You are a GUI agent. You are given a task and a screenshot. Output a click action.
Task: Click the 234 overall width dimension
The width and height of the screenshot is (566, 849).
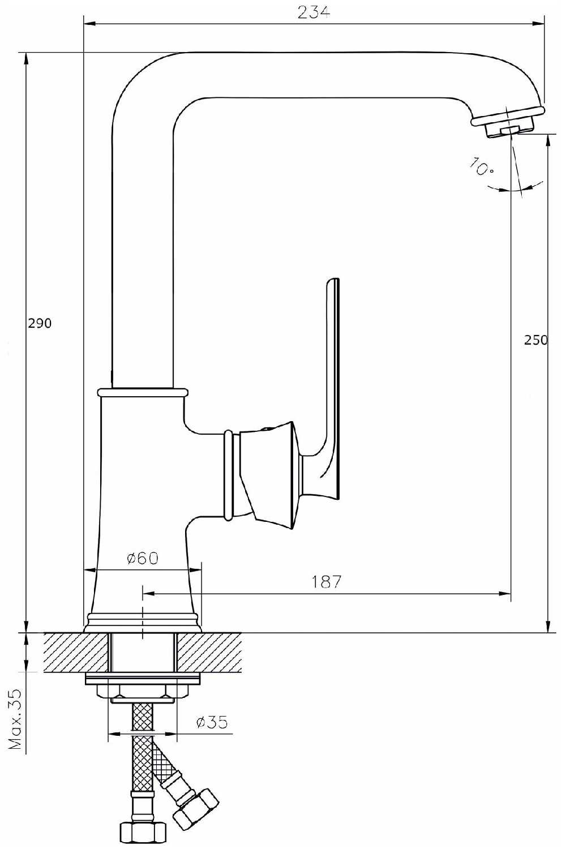pyautogui.click(x=314, y=12)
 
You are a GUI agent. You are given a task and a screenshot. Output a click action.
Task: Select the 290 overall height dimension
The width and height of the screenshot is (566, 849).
pyautogui.click(x=40, y=323)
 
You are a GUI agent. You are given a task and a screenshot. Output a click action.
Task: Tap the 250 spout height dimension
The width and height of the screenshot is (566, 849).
pyautogui.click(x=536, y=340)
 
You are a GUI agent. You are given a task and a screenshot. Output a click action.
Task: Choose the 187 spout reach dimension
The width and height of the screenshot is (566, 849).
pyautogui.click(x=327, y=581)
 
